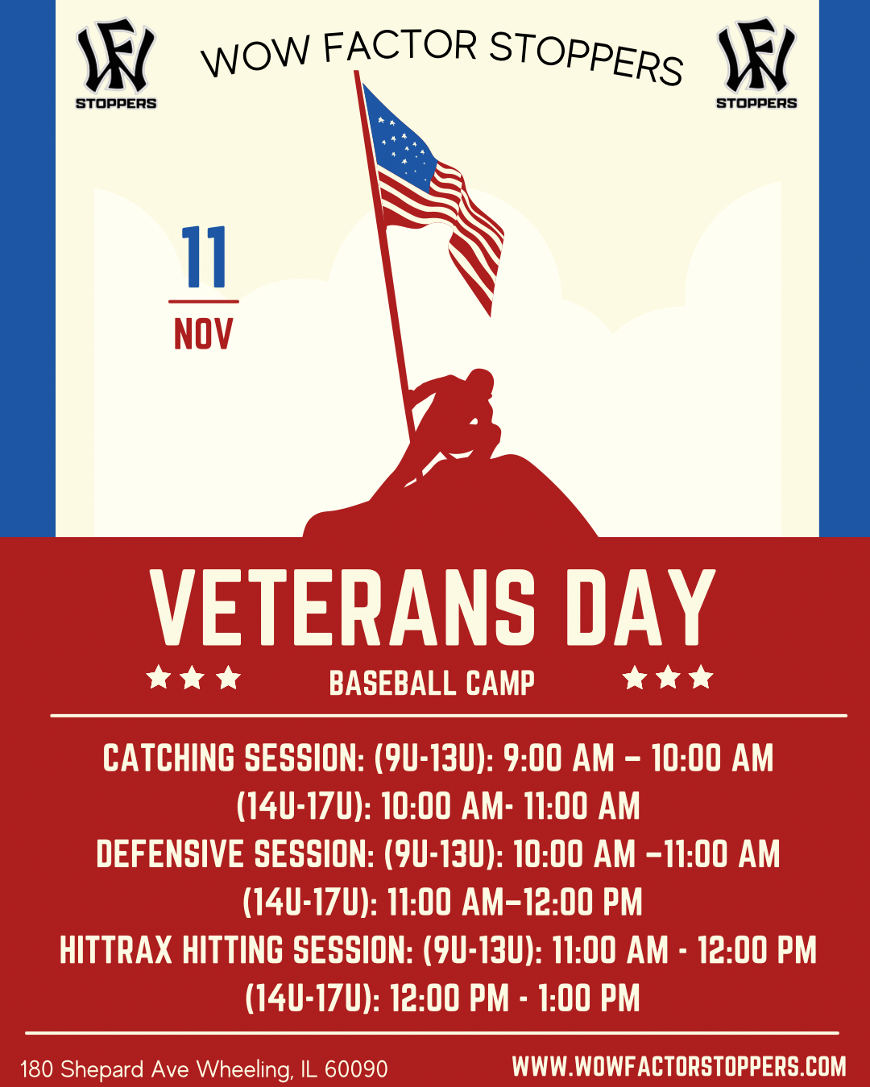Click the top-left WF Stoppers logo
pyautogui.click(x=116, y=63)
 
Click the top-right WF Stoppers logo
pyautogui.click(x=756, y=63)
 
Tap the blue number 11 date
pyautogui.click(x=204, y=257)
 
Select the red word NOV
pyautogui.click(x=203, y=334)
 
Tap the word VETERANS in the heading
pyautogui.click(x=342, y=608)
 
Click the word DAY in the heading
pyautogui.click(x=640, y=608)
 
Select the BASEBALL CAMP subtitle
pyautogui.click(x=432, y=684)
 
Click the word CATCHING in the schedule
pyautogui.click(x=168, y=758)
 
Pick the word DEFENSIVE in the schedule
pyautogui.click(x=170, y=853)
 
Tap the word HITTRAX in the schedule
pyautogui.click(x=116, y=949)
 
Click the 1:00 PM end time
pyautogui.click(x=589, y=998)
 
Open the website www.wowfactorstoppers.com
pyautogui.click(x=679, y=1066)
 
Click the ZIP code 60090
pyautogui.click(x=356, y=1069)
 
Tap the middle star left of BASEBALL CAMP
pyautogui.click(x=193, y=677)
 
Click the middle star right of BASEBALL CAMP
pyautogui.click(x=669, y=677)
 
